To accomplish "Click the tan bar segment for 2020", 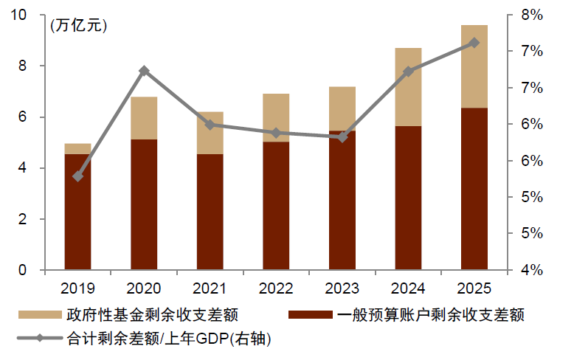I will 144,118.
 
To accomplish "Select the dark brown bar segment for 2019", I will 77,212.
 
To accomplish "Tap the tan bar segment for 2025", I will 474,66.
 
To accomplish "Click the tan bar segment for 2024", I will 408,87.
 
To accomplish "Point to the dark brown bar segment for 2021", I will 210,212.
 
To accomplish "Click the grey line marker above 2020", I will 144,71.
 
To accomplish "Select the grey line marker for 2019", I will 78,176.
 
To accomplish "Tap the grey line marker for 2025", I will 474,43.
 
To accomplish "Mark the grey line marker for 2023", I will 342,137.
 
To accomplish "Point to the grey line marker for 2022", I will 276,133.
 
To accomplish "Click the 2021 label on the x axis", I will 210,287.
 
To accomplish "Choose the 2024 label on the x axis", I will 408,287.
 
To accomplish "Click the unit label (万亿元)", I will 78,26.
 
